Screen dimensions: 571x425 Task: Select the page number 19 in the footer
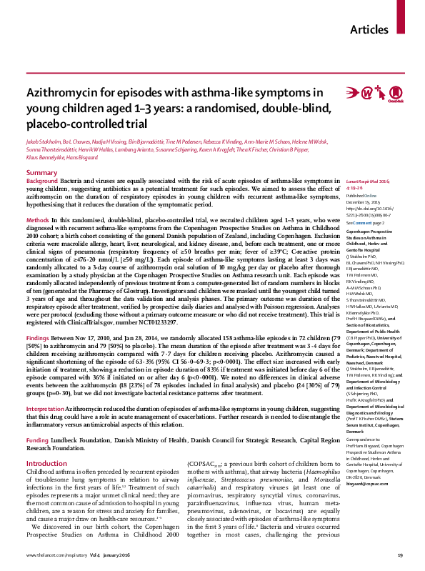pos(401,555)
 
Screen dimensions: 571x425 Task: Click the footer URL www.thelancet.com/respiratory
pos(58,555)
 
